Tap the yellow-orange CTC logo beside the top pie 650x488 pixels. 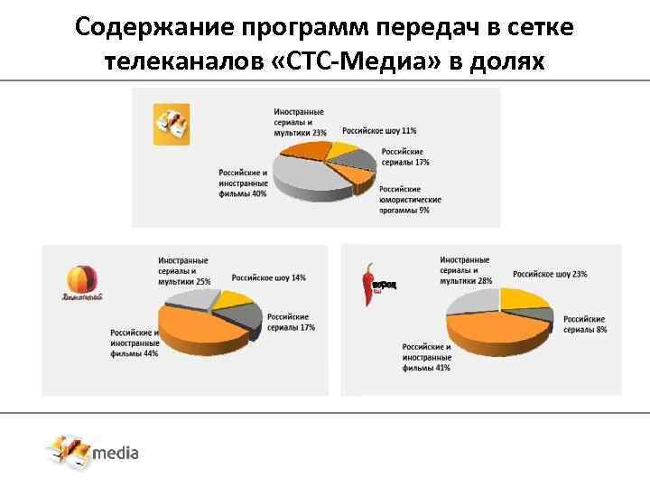tap(171, 123)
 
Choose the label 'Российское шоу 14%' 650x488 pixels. tap(268, 277)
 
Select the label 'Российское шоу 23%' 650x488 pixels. tap(551, 273)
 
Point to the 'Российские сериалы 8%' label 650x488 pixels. tap(585, 324)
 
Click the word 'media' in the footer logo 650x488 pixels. tap(117, 452)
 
